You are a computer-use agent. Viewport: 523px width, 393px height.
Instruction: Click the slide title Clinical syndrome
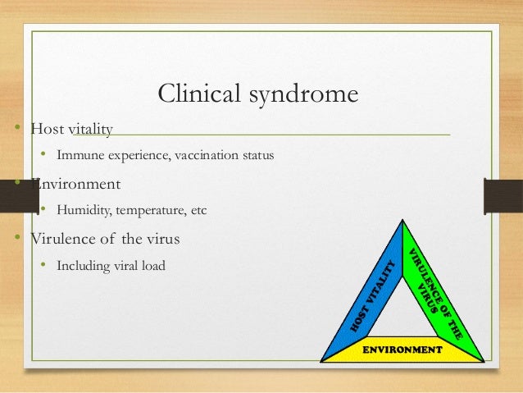click(x=257, y=94)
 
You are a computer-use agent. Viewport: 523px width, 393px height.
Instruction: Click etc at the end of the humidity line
click(x=198, y=210)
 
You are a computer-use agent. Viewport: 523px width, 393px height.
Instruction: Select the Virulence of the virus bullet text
click(x=105, y=240)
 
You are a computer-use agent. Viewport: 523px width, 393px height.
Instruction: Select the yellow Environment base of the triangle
click(x=402, y=349)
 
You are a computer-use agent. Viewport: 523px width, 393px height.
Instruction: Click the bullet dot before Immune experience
click(x=44, y=155)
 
